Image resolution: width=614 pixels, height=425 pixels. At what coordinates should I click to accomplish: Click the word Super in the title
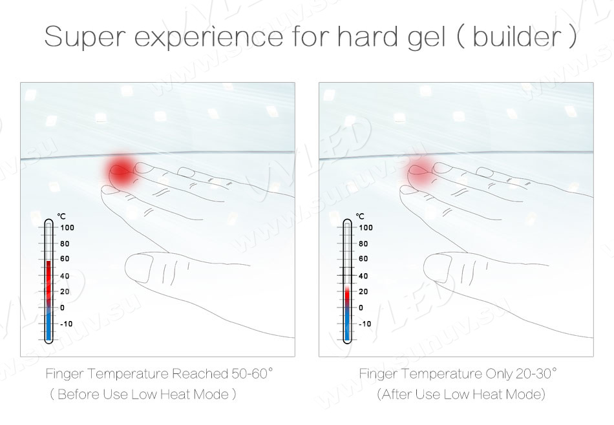(x=85, y=36)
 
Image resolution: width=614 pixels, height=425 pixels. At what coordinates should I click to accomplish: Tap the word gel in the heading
(x=426, y=38)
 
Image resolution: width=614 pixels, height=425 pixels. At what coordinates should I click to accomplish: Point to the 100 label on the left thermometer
(x=67, y=227)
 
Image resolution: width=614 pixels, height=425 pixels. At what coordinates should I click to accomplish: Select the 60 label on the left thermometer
(x=65, y=258)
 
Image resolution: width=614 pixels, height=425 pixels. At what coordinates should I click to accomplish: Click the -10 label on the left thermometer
(x=66, y=324)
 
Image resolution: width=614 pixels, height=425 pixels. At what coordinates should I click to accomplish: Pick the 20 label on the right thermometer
(x=363, y=291)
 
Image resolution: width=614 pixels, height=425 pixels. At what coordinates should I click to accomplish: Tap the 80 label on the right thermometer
(x=363, y=244)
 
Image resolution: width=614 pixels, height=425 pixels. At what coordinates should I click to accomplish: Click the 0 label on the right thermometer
(x=361, y=307)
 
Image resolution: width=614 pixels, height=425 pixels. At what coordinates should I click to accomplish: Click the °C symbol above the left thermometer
(x=61, y=216)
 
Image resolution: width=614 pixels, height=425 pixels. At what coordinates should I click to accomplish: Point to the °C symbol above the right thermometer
(x=360, y=216)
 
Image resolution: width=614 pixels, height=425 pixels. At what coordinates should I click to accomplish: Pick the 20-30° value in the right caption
(x=536, y=373)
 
